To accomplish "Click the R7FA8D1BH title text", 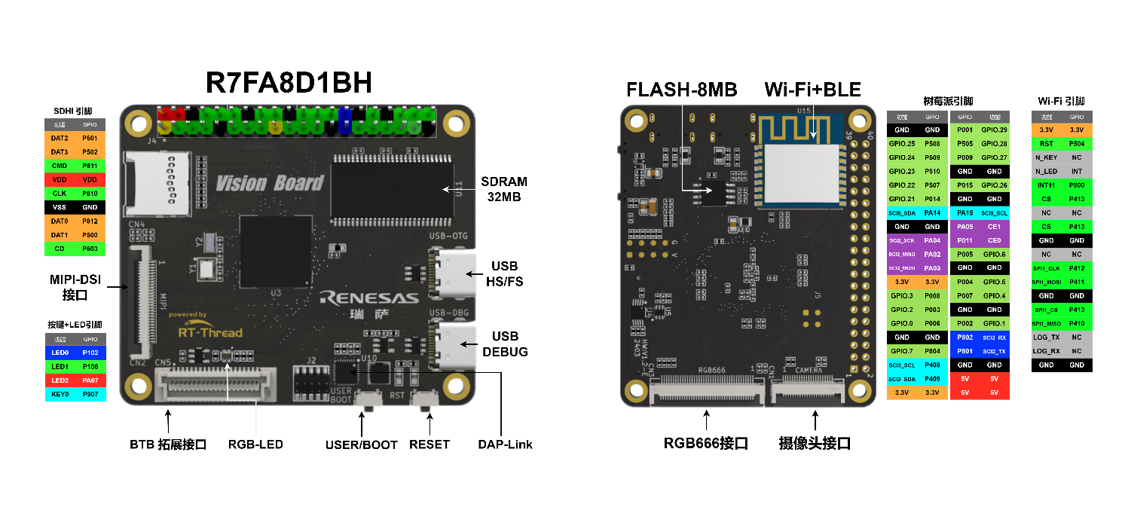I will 289,83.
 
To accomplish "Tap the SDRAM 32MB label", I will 505,189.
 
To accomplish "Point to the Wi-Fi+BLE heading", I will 812,90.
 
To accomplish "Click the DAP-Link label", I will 505,444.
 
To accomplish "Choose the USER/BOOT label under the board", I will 361,444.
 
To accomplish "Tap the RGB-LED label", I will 255,444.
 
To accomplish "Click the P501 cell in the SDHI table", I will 90,139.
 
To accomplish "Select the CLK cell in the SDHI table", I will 60,194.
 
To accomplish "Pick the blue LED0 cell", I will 60,353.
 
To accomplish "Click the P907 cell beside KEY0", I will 90,394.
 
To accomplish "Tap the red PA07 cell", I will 90,380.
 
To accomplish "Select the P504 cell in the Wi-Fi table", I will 1076,143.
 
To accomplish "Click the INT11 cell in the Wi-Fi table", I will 1046,185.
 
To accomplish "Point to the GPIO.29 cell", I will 994,130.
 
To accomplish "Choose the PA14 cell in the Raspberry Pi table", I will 932,213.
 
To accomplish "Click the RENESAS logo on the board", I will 368,298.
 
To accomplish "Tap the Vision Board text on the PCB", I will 269,183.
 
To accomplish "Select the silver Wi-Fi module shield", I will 798,174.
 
